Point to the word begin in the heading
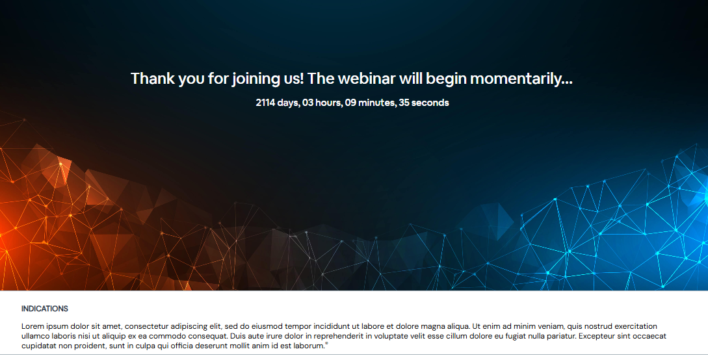tap(446, 79)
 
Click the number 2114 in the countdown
tap(265, 103)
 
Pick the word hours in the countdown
tap(329, 103)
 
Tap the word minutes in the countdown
tap(377, 103)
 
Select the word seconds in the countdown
tap(430, 103)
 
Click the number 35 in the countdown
tap(404, 103)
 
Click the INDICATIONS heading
tap(45, 309)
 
